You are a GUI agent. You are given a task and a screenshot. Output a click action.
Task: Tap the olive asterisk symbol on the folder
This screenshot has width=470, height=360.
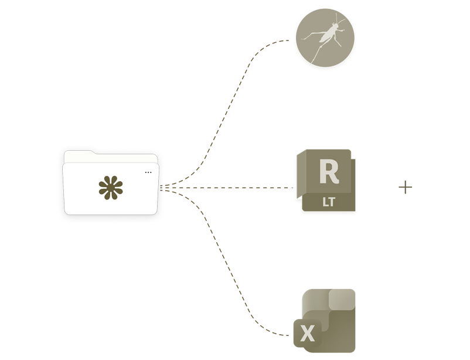(x=111, y=188)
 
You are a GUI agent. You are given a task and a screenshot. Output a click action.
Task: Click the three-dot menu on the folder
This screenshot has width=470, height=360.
(x=148, y=172)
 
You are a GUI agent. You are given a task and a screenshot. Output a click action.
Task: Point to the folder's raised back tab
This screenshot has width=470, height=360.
(x=79, y=154)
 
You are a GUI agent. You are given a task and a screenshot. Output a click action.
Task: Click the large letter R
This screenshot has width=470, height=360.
(x=326, y=173)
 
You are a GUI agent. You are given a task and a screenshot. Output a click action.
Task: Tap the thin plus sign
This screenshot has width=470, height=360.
(x=405, y=188)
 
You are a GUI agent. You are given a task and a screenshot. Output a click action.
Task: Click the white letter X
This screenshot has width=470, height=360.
(x=306, y=334)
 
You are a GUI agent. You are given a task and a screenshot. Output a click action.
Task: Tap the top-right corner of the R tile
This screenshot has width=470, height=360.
(x=352, y=154)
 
